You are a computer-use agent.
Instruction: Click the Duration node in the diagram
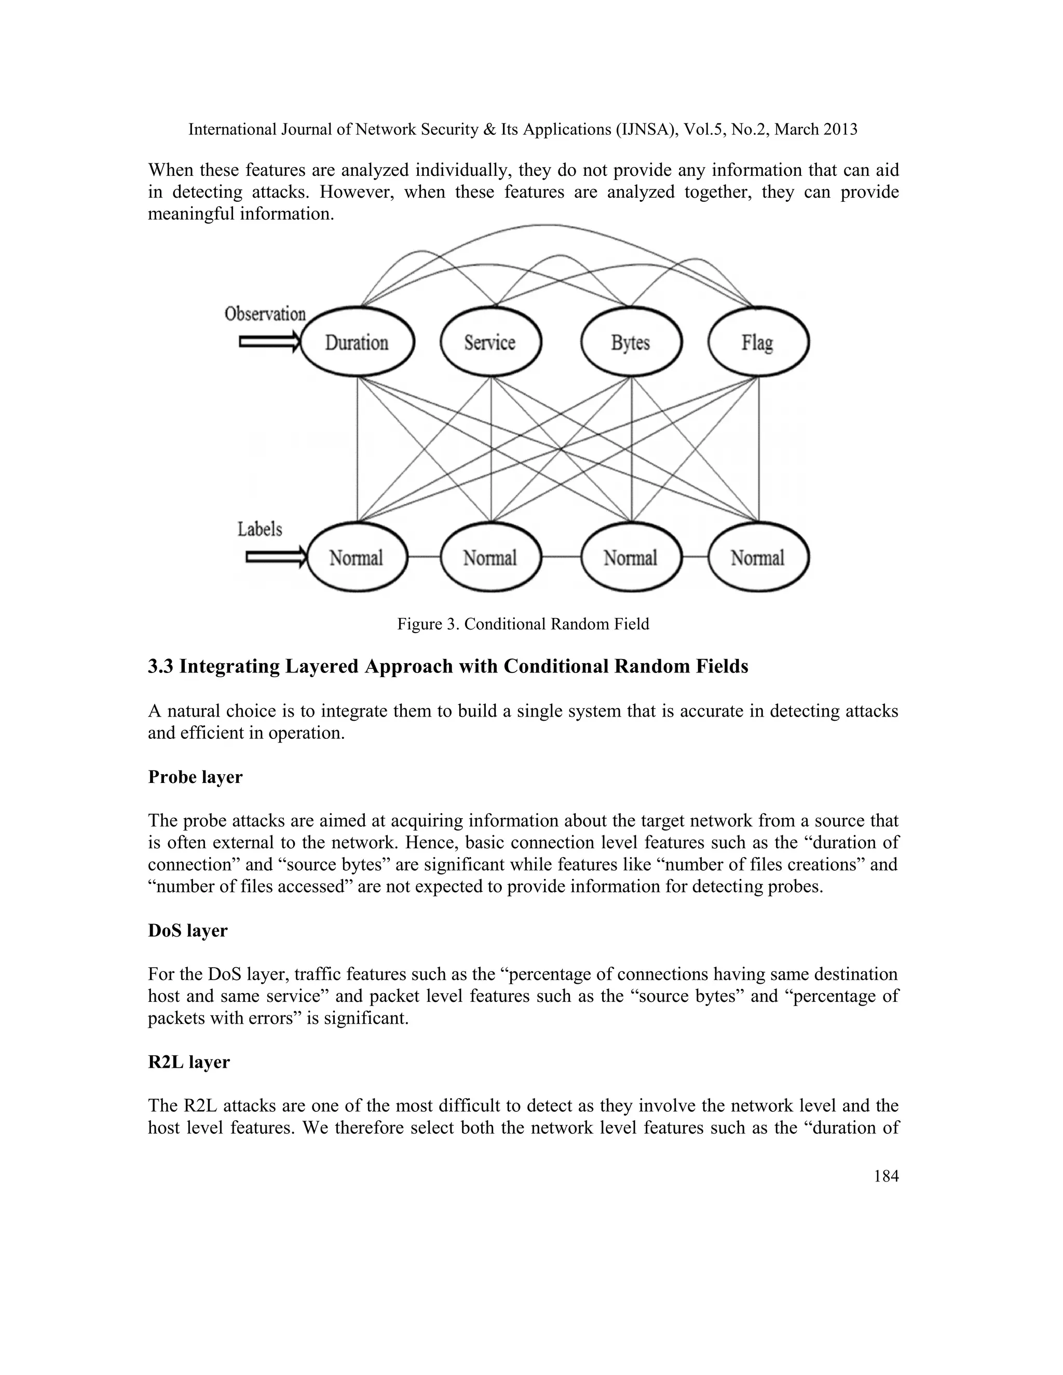357,343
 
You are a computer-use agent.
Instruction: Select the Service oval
490,343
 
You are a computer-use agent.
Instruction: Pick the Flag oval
758,343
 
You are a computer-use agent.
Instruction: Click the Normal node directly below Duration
357,558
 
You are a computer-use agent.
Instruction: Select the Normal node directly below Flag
758,558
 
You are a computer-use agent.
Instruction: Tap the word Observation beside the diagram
265,313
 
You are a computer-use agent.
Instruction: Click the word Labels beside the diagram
260,529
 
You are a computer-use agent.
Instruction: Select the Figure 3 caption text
523,624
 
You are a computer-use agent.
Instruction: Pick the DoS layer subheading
188,930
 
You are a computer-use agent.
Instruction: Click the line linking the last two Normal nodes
695,557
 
